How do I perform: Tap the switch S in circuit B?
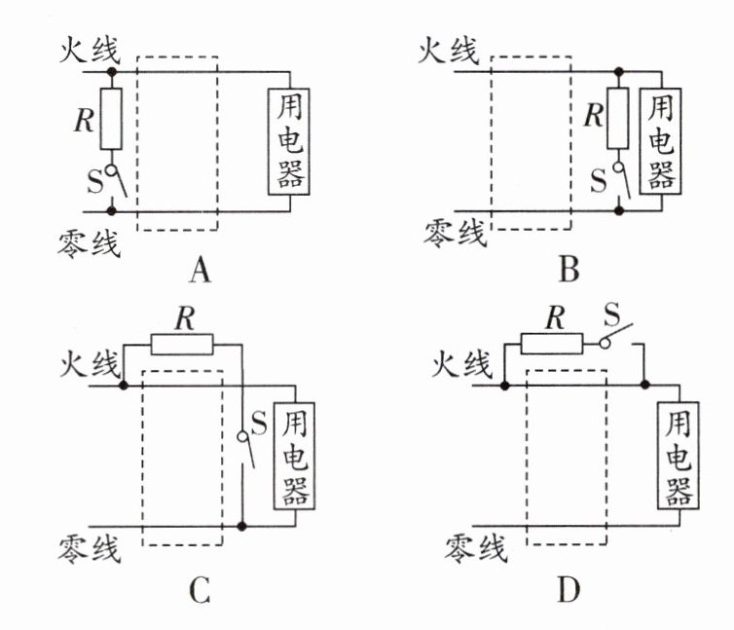(620, 181)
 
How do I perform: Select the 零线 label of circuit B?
(453, 233)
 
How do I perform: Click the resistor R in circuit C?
(183, 344)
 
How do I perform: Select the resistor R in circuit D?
(551, 343)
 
